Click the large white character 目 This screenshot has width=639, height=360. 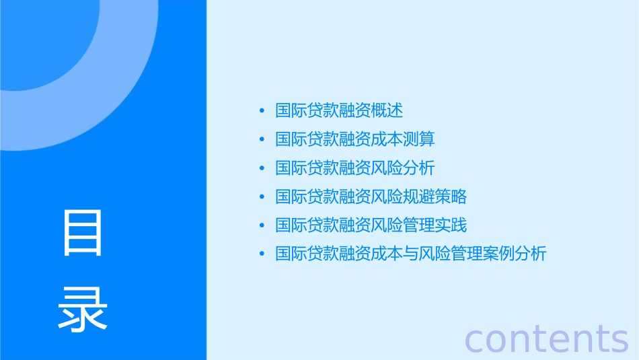(83, 233)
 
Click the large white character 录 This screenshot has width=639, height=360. (83, 308)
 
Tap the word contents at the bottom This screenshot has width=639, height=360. (546, 338)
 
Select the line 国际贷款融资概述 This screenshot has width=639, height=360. (339, 110)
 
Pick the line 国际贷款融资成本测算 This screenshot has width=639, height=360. (355, 139)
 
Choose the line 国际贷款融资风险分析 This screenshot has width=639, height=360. (355, 168)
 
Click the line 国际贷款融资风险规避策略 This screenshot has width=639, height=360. (371, 196)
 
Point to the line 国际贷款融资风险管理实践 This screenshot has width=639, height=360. (371, 225)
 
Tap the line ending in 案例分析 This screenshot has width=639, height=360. (411, 254)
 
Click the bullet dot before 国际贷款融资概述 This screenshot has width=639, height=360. (262, 111)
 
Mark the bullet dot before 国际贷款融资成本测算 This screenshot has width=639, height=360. (262, 140)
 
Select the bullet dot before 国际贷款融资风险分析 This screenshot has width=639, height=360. (262, 168)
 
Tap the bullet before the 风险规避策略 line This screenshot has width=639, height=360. (262, 197)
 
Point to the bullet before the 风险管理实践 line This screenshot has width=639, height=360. (262, 225)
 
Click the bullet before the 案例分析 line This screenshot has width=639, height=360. (262, 254)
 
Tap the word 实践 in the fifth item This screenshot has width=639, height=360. (451, 225)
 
